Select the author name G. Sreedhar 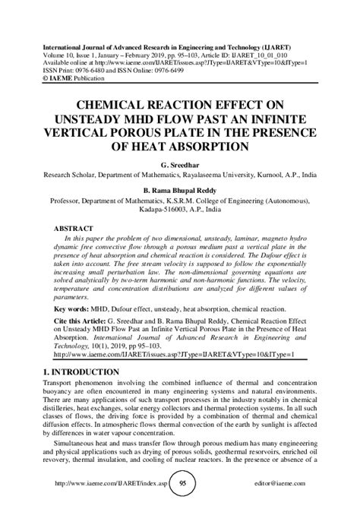179,163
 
